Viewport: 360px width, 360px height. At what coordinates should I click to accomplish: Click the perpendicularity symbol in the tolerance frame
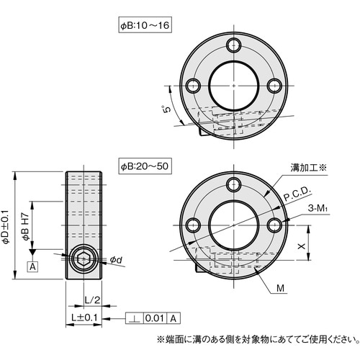click(x=135, y=318)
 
